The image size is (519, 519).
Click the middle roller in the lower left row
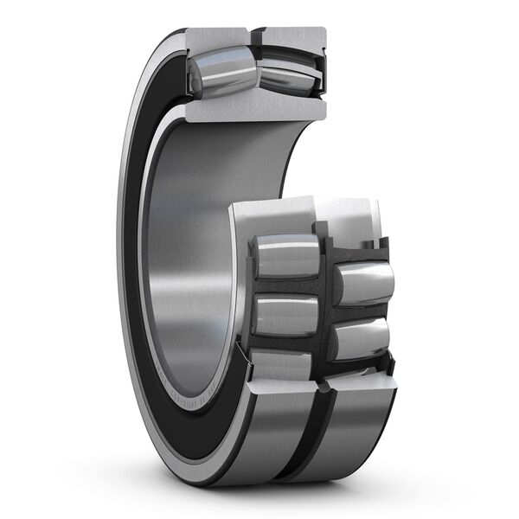pos(285,314)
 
